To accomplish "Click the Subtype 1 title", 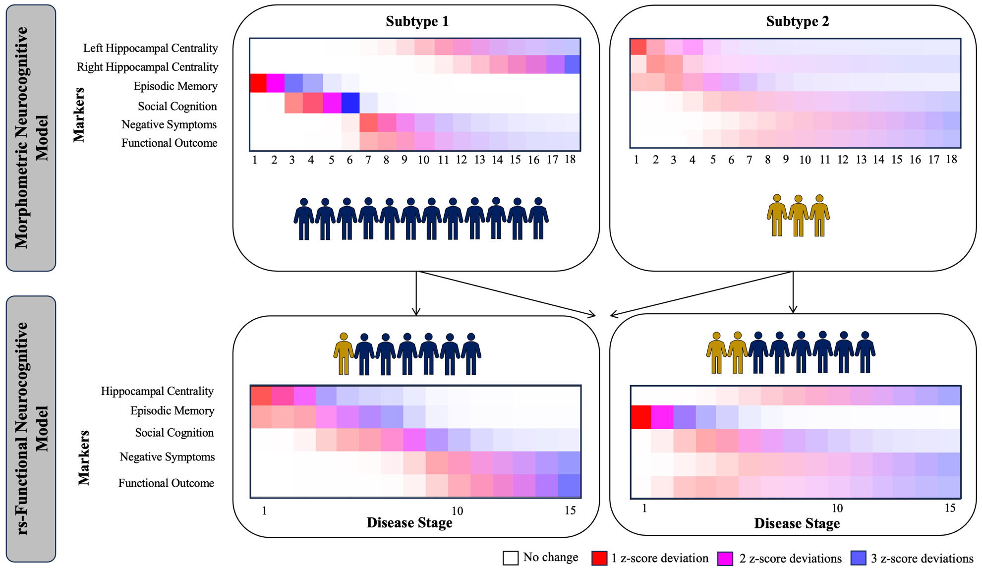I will pos(417,21).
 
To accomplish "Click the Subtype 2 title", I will pos(797,21).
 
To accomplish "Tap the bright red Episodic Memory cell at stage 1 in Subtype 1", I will pos(258,83).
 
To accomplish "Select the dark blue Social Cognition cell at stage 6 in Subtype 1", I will pos(350,103).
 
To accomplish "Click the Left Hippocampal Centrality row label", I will pos(150,48).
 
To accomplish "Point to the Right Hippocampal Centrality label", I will pos(147,67).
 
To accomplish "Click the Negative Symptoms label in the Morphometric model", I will pos(169,124).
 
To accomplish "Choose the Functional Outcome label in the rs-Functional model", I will pos(166,483).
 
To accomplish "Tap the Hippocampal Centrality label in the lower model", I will pos(157,391).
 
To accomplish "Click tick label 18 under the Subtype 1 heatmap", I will pos(570,159).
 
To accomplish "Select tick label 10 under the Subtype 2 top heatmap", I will pos(805,160).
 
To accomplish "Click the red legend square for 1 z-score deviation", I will pos(599,558).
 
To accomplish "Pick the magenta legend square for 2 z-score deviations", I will pos(725,558).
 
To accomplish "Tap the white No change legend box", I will pos(511,558).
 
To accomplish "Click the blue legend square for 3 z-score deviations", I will pos(858,558).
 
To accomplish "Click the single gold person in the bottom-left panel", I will pos(343,353).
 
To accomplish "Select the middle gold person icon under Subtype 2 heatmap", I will pos(798,215).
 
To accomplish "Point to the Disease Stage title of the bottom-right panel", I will pos(797,523).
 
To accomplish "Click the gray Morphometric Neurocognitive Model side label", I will pos(31,138).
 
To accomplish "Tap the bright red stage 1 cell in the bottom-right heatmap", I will pos(640,417).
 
